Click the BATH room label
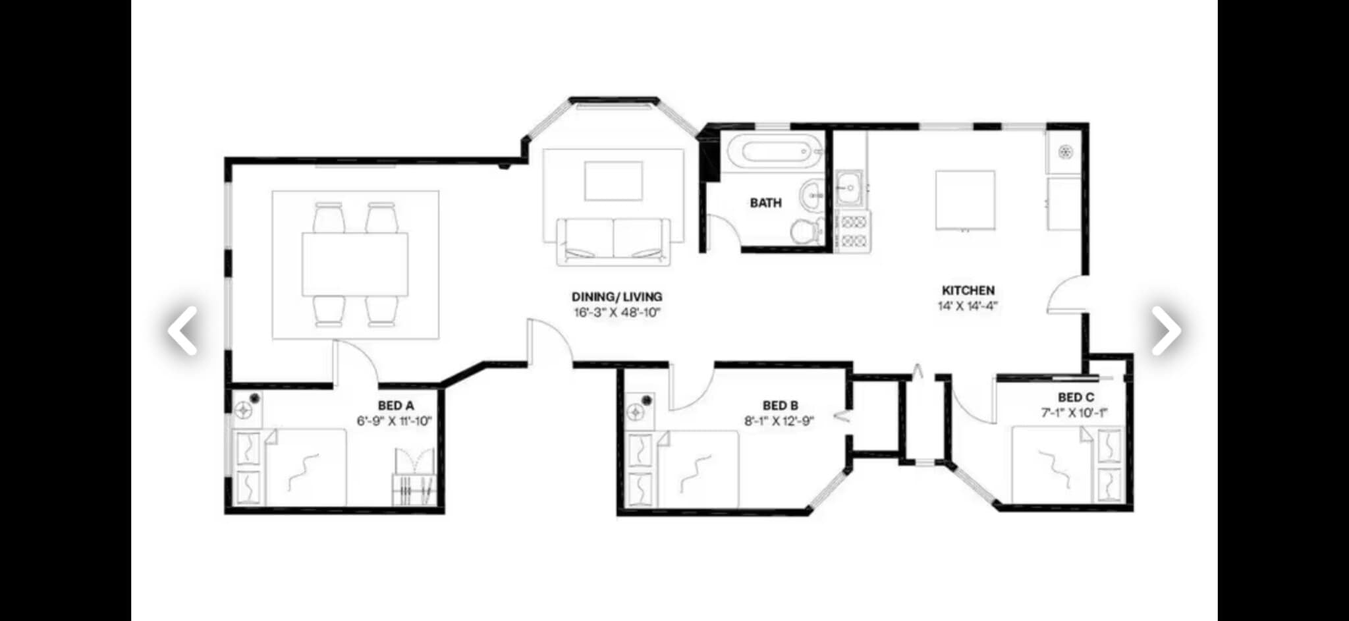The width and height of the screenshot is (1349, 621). click(x=765, y=203)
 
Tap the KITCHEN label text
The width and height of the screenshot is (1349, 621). click(x=968, y=290)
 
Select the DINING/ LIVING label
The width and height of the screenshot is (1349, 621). click(x=617, y=297)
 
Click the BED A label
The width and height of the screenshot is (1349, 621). click(x=396, y=406)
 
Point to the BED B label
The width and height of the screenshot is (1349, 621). click(x=781, y=406)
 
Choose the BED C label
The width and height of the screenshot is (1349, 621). click(x=1076, y=398)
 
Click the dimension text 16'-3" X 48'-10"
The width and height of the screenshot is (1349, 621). click(x=617, y=313)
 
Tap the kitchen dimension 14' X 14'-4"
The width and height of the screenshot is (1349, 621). click(x=968, y=306)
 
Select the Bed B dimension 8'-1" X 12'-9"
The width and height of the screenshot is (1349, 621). click(x=779, y=421)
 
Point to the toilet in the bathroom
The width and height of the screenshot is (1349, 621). click(x=805, y=231)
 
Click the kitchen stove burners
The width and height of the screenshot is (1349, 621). click(x=853, y=231)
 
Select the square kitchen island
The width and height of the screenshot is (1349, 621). click(x=965, y=200)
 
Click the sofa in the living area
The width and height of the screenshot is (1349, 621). click(x=613, y=242)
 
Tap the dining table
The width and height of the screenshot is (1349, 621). click(x=355, y=264)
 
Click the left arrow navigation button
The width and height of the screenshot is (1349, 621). click(x=182, y=331)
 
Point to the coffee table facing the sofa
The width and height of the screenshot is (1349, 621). click(x=613, y=181)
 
